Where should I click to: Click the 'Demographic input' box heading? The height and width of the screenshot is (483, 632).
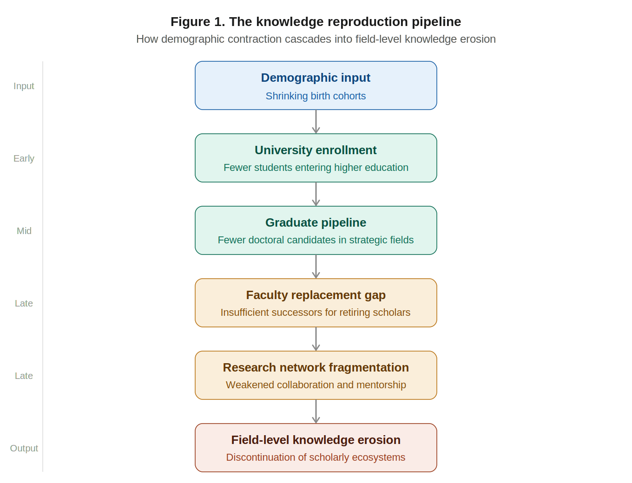[316, 78]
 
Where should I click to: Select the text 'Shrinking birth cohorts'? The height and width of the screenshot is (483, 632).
[316, 96]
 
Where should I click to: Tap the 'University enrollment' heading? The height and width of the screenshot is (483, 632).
[316, 150]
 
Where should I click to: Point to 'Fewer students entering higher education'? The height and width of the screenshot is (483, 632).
[316, 168]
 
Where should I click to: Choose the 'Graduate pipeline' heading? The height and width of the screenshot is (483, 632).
[316, 222]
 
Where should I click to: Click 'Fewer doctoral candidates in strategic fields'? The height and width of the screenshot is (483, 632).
[316, 240]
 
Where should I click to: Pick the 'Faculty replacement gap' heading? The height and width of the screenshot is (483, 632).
[316, 295]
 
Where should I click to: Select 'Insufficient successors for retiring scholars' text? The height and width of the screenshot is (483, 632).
[316, 313]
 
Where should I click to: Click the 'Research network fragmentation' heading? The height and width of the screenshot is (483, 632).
[316, 367]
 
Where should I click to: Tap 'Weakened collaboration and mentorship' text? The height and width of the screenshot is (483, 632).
[316, 385]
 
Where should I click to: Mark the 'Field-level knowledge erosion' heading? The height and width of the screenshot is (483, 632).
[316, 440]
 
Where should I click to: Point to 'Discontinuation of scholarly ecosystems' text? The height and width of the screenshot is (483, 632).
[316, 457]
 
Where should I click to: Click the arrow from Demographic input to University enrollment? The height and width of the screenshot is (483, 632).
[316, 122]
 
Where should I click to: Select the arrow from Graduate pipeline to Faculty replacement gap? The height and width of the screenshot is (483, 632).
[316, 267]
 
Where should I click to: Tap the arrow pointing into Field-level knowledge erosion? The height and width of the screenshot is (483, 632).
[316, 411]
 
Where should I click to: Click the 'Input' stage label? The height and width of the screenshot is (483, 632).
[24, 86]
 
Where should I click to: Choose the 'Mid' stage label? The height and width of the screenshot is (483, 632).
[24, 231]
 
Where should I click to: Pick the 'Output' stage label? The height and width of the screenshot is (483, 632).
[24, 448]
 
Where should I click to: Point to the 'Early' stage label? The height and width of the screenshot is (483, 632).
[24, 158]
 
